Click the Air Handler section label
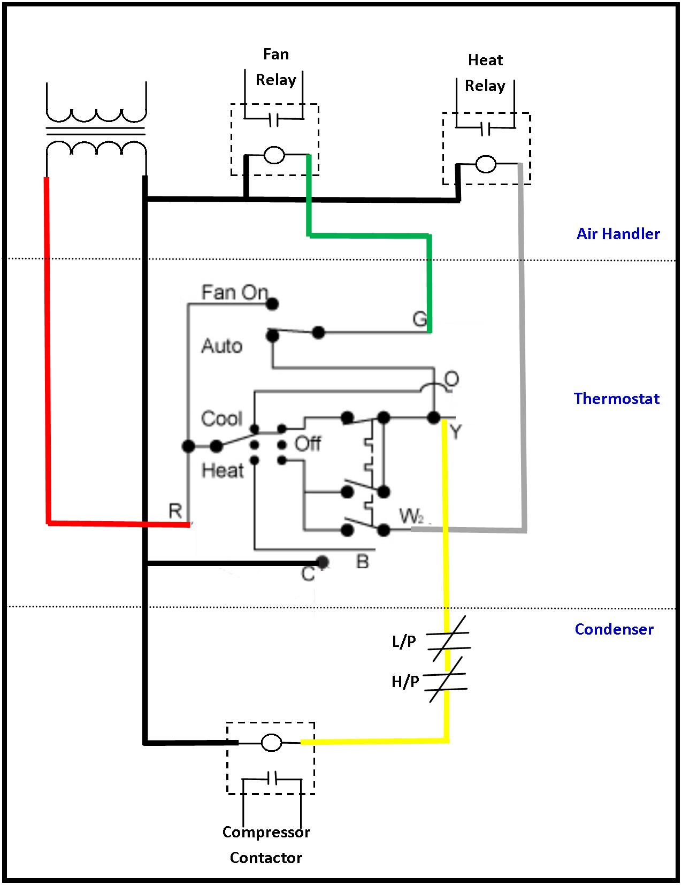(x=618, y=234)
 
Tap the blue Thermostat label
(x=616, y=399)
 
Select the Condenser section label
(x=614, y=629)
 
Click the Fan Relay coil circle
(x=274, y=155)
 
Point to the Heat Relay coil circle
(x=486, y=164)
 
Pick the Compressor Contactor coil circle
(x=271, y=742)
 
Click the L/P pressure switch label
(x=404, y=641)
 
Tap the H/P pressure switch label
(x=405, y=681)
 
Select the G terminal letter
(x=420, y=319)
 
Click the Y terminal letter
(x=455, y=431)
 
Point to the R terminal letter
(x=175, y=511)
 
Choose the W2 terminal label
(x=411, y=516)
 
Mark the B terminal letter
(x=362, y=561)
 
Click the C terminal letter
(x=308, y=574)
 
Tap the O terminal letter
(x=451, y=379)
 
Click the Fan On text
(x=234, y=292)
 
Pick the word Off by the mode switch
(x=308, y=444)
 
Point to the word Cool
(x=221, y=418)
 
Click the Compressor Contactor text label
(x=266, y=845)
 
